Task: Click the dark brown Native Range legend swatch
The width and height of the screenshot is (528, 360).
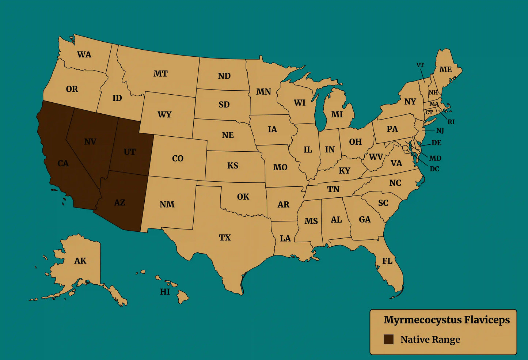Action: pos(388,339)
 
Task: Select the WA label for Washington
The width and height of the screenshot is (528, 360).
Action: pos(84,54)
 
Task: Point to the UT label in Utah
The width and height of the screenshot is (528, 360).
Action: pos(129,152)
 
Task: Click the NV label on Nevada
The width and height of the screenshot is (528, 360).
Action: pos(90,142)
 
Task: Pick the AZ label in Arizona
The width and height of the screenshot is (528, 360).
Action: pos(119,202)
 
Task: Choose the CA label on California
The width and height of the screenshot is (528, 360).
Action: pos(63,163)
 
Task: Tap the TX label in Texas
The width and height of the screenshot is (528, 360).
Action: pos(225,238)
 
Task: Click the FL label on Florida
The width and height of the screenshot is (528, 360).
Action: pos(387,261)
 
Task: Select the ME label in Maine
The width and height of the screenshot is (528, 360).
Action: pos(445,69)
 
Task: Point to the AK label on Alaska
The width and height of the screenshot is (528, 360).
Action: pos(80,261)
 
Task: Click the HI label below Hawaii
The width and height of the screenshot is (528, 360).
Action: pos(165,292)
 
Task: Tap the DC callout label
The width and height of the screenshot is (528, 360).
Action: pos(434,169)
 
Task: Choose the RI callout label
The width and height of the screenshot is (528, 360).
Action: pos(451,122)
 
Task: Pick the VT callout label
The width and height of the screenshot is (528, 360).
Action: pos(420,65)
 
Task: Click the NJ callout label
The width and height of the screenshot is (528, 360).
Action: pos(440,130)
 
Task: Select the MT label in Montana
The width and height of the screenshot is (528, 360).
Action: pos(160,74)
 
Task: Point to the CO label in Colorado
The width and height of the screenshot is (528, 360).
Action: pos(178,159)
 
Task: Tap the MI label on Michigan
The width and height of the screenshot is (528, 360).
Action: pos(337,114)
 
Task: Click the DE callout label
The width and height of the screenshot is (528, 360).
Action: pos(436,143)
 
